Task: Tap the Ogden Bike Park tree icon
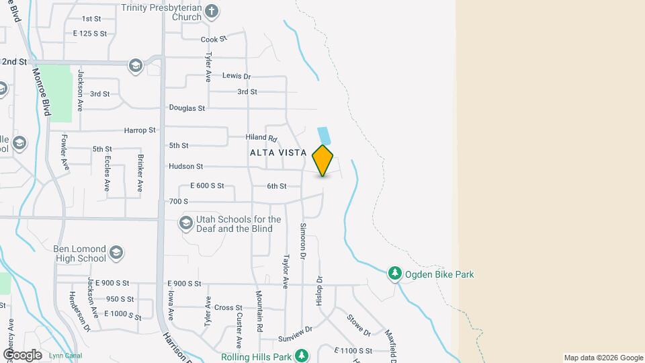pyautogui.click(x=396, y=274)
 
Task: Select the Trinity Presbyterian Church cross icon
pyautogui.click(x=212, y=11)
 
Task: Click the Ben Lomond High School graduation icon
pyautogui.click(x=116, y=253)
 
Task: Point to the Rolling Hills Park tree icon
pyautogui.click(x=302, y=354)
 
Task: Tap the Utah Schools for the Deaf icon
pyautogui.click(x=186, y=223)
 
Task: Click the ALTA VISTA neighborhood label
pyautogui.click(x=278, y=153)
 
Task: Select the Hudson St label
pyautogui.click(x=185, y=166)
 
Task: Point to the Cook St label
pyautogui.click(x=214, y=40)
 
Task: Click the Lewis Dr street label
pyautogui.click(x=236, y=77)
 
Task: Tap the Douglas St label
pyautogui.click(x=187, y=108)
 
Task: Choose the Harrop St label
pyautogui.click(x=140, y=130)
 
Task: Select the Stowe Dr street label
pyautogui.click(x=358, y=325)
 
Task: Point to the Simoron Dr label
pyautogui.click(x=303, y=242)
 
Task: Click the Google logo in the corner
pyautogui.click(x=22, y=354)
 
